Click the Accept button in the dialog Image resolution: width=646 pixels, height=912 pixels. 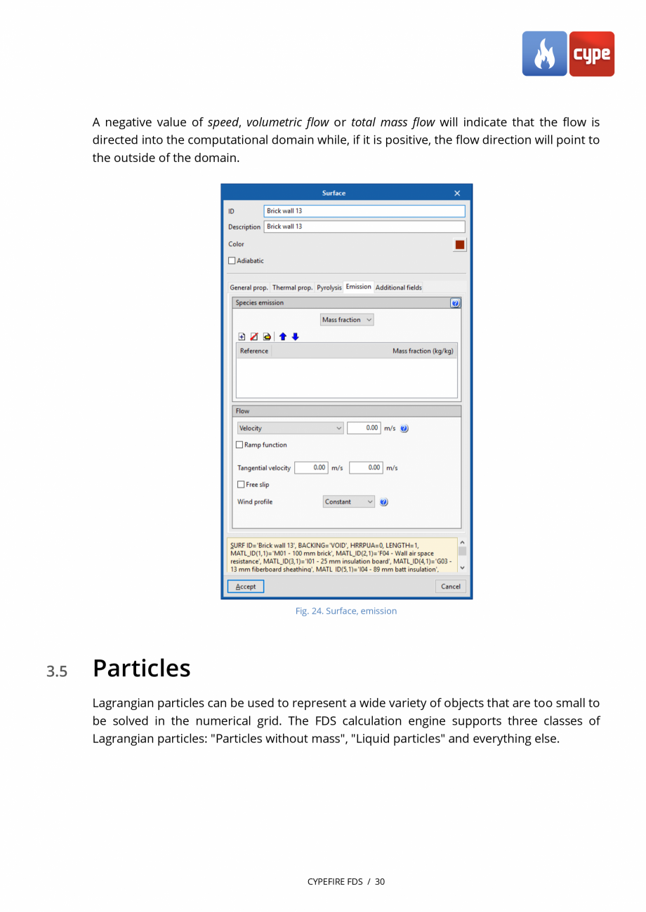point(246,586)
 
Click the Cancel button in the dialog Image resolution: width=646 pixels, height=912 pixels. point(450,586)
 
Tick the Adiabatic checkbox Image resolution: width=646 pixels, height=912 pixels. point(232,261)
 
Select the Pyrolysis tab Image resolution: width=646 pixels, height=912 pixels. point(329,288)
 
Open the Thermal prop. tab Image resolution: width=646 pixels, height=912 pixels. point(292,288)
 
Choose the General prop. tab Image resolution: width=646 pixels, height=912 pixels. point(249,288)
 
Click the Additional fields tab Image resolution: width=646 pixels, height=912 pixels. point(398,288)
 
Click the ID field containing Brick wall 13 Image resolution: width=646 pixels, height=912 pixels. point(364,211)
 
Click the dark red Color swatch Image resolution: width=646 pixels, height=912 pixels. point(460,245)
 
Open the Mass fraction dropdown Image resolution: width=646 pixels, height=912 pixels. point(347,320)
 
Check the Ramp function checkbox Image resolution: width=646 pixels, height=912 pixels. point(239,445)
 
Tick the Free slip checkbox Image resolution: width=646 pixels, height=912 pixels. point(241,485)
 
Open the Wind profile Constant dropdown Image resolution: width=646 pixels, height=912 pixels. point(349,502)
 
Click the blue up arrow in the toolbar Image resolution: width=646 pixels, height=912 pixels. point(282,337)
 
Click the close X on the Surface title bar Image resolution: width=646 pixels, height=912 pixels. point(457,194)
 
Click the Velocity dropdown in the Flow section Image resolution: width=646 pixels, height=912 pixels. point(290,429)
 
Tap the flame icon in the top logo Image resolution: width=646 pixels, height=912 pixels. point(544,54)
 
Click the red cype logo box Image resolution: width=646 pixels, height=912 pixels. point(591,54)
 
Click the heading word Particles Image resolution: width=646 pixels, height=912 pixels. point(141,669)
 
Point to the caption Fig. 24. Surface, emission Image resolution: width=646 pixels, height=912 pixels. point(345,611)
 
